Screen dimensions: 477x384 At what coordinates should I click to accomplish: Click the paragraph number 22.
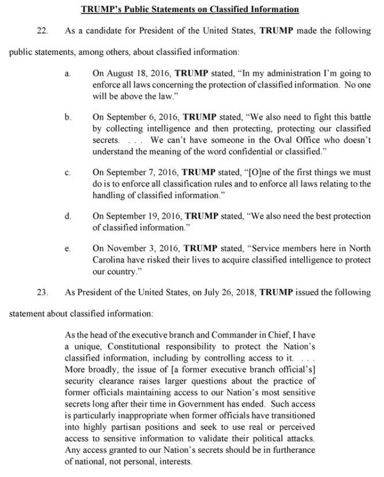tap(41, 30)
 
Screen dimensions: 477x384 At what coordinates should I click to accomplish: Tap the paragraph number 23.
tap(41, 293)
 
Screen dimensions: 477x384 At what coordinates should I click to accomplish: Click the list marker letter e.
tap(68, 249)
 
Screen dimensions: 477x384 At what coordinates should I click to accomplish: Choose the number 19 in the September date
tap(148, 216)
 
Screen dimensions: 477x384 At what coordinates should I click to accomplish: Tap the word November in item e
tap(124, 249)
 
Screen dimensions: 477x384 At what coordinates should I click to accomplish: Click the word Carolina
tap(109, 260)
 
